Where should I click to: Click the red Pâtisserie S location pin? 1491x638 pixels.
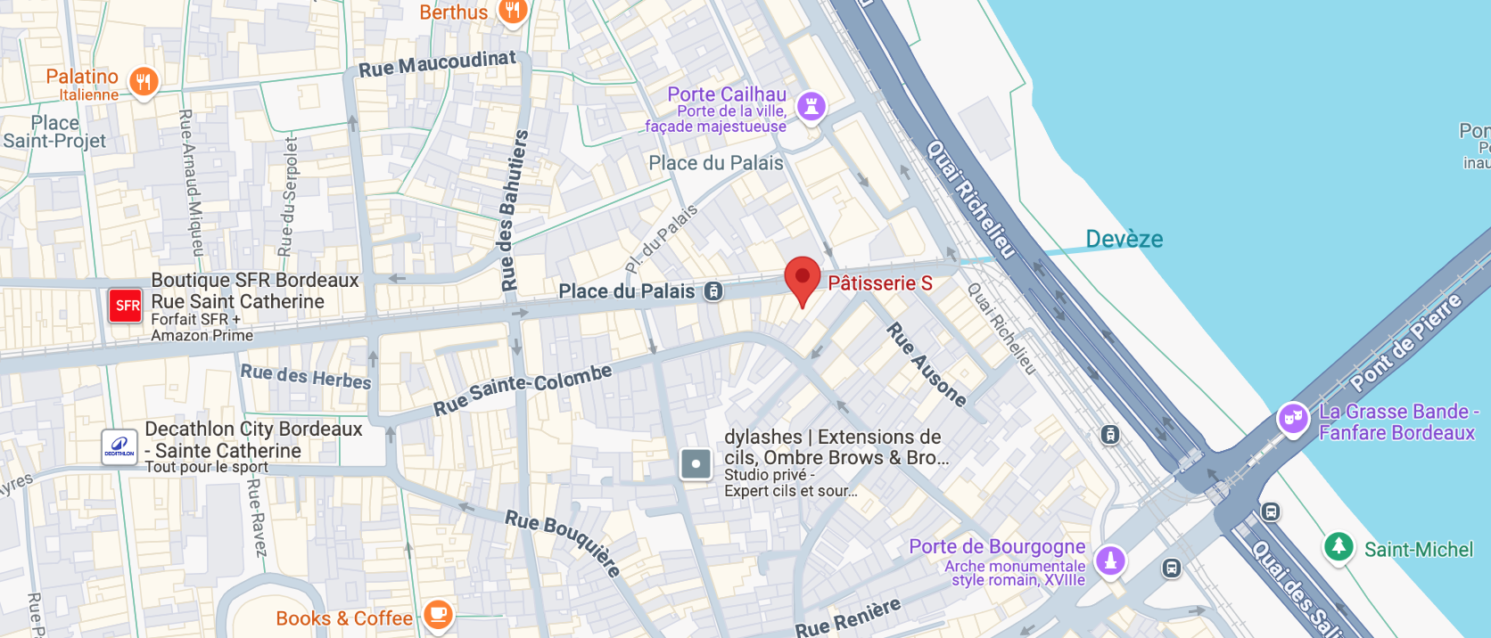pyautogui.click(x=802, y=277)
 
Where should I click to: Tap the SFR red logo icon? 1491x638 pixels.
pyautogui.click(x=126, y=306)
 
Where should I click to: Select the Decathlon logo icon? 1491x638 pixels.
pyautogui.click(x=119, y=446)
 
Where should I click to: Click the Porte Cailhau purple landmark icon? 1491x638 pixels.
pyautogui.click(x=811, y=107)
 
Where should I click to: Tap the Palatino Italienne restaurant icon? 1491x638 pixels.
pyautogui.click(x=144, y=82)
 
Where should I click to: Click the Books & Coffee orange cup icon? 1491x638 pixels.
pyautogui.click(x=438, y=614)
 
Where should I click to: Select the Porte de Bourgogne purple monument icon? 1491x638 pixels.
pyautogui.click(x=1110, y=560)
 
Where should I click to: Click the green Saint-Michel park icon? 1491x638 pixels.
pyautogui.click(x=1338, y=545)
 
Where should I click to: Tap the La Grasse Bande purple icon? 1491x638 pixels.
pyautogui.click(x=1292, y=418)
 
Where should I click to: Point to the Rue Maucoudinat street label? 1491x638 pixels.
pyautogui.click(x=437, y=64)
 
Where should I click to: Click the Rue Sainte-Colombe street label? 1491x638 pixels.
pyautogui.click(x=523, y=389)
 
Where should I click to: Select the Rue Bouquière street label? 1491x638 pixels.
pyautogui.click(x=563, y=543)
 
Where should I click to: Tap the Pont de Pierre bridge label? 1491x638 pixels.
pyautogui.click(x=1405, y=342)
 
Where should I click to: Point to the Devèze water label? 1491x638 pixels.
pyautogui.click(x=1124, y=239)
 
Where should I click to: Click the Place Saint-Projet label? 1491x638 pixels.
pyautogui.click(x=54, y=132)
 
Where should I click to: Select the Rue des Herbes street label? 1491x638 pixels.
pyautogui.click(x=306, y=376)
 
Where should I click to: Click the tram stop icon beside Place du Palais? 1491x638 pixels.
pyautogui.click(x=713, y=291)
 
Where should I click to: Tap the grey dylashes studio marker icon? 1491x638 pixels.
pyautogui.click(x=696, y=463)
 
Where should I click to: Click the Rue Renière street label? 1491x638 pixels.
pyautogui.click(x=847, y=618)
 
